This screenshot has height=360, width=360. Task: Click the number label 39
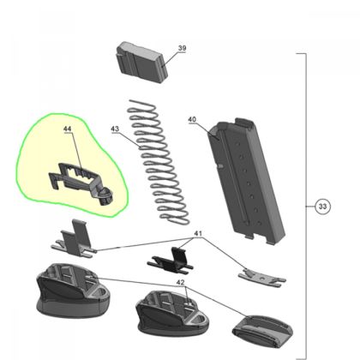point(182,49)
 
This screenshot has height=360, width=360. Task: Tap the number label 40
point(192,120)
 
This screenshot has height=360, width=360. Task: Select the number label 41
point(198,233)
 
